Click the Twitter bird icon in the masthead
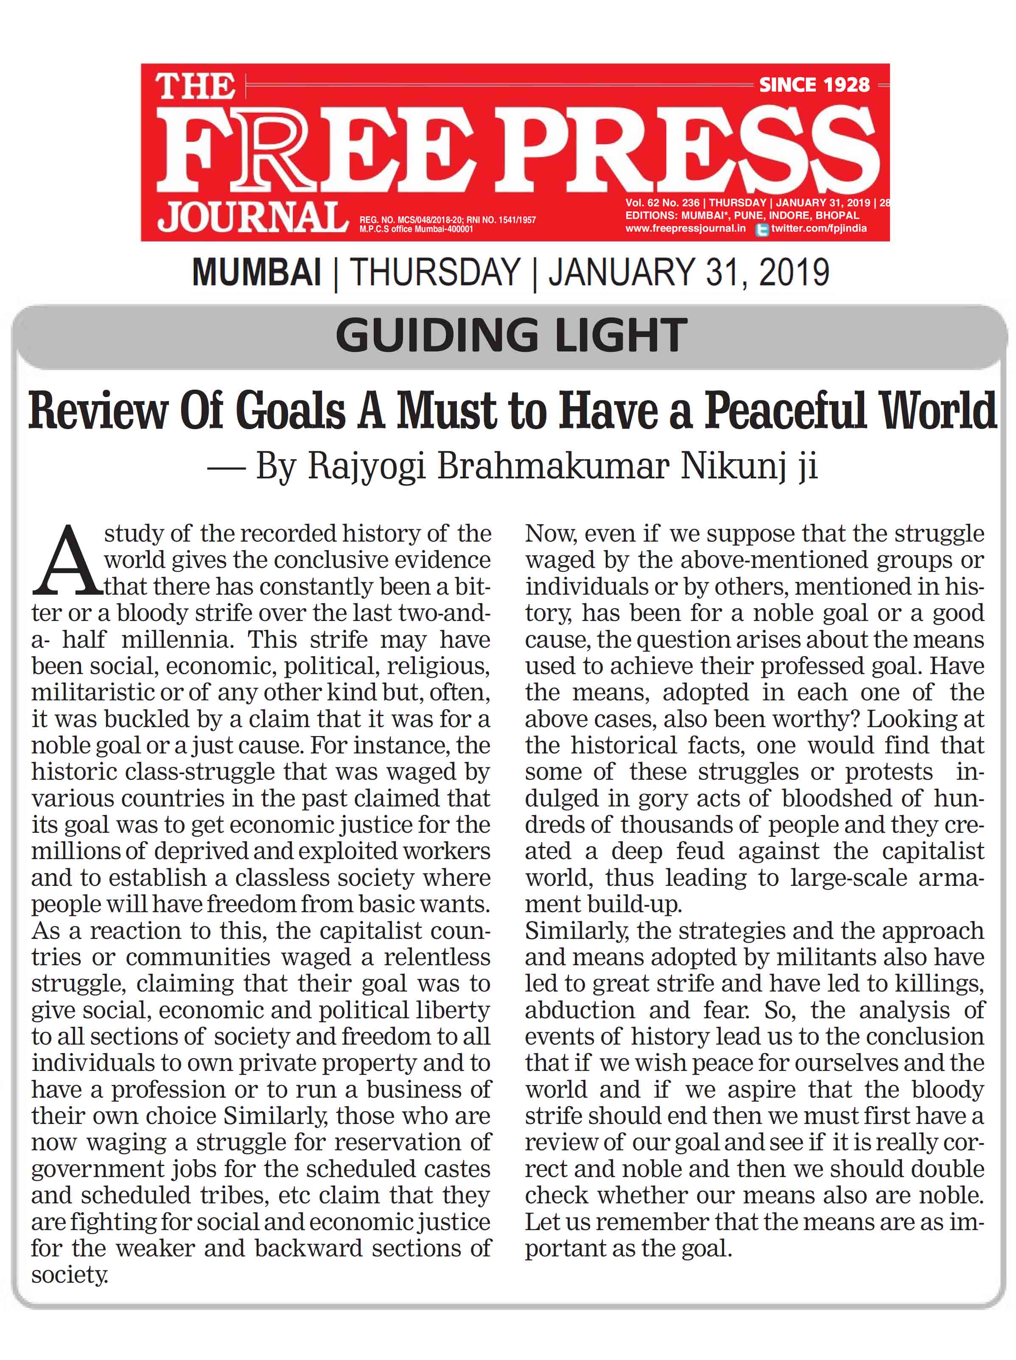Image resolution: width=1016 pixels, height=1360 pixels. pyautogui.click(x=762, y=229)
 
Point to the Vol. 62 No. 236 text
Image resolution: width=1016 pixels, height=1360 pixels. pyautogui.click(x=663, y=203)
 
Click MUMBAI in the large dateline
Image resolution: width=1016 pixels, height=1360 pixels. pyautogui.click(x=256, y=273)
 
